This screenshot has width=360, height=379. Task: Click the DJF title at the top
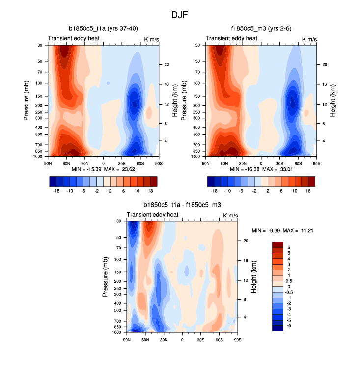tap(179, 15)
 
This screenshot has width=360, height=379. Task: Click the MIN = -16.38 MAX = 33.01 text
tap(261, 169)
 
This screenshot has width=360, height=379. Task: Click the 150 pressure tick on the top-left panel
tap(38, 96)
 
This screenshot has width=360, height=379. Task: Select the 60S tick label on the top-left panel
tap(140, 163)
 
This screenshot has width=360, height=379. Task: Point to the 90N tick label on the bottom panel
tap(126, 339)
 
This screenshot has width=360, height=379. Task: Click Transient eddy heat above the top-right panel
tap(231, 38)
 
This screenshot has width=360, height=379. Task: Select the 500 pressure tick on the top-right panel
tap(196, 134)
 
